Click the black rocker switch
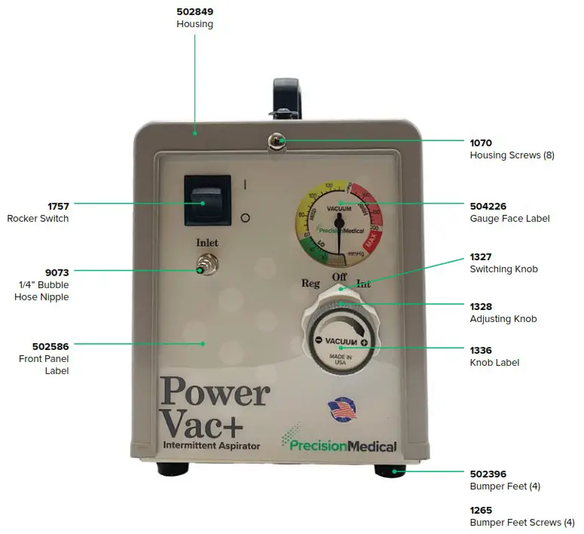point(204,201)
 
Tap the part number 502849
point(194,11)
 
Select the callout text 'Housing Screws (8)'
point(512,155)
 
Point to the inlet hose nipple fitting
point(202,269)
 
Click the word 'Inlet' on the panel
point(207,243)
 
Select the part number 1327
point(481,256)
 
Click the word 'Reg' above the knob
point(310,283)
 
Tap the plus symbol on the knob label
point(365,343)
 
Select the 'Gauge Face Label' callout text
point(509,218)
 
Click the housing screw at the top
point(277,140)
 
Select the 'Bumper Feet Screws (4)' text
point(521,522)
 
